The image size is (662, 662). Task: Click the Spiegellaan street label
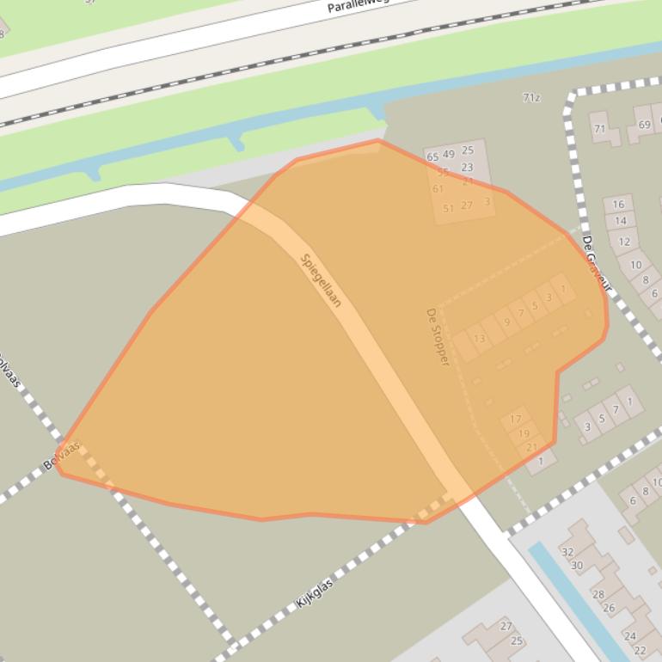tap(322, 280)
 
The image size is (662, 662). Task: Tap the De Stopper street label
tap(438, 337)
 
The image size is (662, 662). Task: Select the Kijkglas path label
tap(315, 594)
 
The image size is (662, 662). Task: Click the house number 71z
tap(531, 98)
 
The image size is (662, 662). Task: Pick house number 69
tap(645, 125)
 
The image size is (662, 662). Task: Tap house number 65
tap(432, 157)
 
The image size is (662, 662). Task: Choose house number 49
tap(449, 155)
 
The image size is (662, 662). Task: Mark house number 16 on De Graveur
tap(619, 205)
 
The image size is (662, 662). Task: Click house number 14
tap(621, 221)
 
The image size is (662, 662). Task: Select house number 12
tap(625, 242)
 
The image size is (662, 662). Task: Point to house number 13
tap(479, 339)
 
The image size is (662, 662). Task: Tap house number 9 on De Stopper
tap(507, 322)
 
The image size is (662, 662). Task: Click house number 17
tap(516, 420)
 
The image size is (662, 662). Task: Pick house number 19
tap(524, 434)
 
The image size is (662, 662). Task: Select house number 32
tap(567, 552)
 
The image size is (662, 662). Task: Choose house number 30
tap(577, 566)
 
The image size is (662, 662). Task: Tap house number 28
tap(598, 594)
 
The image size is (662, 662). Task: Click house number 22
tap(640, 650)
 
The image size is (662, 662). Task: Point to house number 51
tap(448, 208)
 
